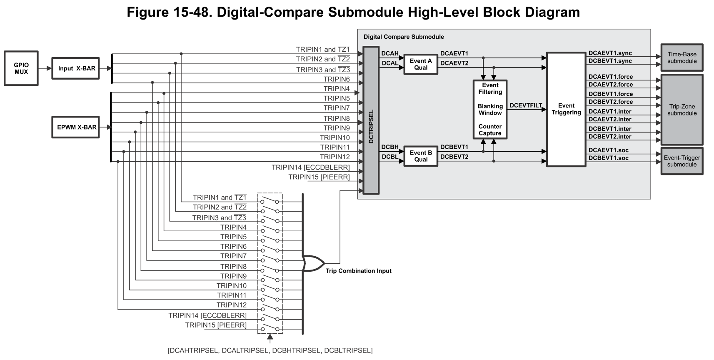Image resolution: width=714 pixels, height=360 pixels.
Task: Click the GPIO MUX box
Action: click(21, 68)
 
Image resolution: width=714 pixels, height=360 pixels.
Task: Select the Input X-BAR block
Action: click(76, 68)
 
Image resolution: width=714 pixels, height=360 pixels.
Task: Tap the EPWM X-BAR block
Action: click(76, 127)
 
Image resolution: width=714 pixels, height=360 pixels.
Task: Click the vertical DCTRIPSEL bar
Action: click(371, 120)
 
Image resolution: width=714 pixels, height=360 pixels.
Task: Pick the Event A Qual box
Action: click(421, 64)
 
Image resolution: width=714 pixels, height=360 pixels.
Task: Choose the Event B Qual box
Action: click(421, 156)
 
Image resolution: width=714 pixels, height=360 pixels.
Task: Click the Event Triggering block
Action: click(566, 109)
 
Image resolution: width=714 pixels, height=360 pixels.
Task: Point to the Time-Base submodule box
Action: click(682, 57)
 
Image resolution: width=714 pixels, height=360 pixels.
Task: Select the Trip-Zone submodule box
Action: click(682, 110)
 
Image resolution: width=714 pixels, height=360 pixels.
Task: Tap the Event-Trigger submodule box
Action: click(682, 161)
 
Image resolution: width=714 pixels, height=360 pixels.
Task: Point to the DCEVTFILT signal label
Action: click(526, 105)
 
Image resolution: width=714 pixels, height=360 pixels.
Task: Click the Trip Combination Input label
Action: click(359, 271)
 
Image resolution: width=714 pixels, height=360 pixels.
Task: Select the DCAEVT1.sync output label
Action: click(610, 53)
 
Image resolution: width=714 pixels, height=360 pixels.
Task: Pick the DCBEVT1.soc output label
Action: click(608, 158)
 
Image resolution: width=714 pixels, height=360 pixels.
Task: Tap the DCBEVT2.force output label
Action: click(610, 102)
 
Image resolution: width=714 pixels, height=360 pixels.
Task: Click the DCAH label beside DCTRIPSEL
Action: click(390, 53)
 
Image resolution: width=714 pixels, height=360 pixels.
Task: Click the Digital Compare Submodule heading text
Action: click(404, 37)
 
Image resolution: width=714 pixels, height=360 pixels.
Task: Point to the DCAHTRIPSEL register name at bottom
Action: click(193, 350)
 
